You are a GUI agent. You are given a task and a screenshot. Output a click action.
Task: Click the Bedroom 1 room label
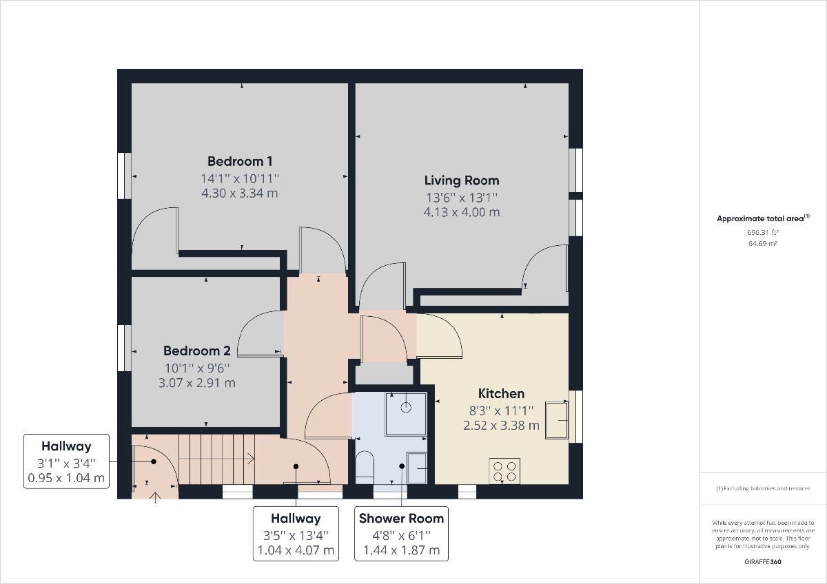(240, 161)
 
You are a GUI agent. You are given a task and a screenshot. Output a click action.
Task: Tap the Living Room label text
(461, 180)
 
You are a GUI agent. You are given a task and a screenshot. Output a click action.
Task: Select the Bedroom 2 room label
(196, 350)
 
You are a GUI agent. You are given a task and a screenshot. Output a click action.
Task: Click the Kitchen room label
(501, 393)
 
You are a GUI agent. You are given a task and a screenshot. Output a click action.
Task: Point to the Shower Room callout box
(401, 534)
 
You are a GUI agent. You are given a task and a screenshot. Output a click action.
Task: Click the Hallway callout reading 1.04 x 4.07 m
(296, 534)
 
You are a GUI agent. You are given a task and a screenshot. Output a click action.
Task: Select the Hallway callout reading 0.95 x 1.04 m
(66, 461)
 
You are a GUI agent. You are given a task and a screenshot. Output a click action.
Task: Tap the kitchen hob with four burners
(504, 470)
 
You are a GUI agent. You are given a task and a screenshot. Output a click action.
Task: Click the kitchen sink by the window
(557, 419)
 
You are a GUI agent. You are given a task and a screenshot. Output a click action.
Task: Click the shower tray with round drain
(406, 413)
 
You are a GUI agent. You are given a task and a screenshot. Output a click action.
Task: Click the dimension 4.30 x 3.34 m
(240, 194)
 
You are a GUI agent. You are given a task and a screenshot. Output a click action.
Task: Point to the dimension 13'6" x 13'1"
(461, 197)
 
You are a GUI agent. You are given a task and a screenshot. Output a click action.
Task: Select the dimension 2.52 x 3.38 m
(501, 426)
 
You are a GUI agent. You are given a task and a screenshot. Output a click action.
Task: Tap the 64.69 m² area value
(763, 244)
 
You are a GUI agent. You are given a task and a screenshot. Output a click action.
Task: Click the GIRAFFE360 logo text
(763, 562)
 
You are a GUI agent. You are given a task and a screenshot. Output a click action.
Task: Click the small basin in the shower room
(416, 468)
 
